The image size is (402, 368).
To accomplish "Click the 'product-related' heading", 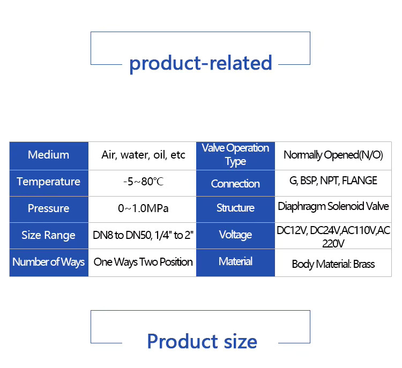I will click(200, 63).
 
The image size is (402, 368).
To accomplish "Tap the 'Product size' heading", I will click(202, 341).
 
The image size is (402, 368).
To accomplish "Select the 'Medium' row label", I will click(48, 155).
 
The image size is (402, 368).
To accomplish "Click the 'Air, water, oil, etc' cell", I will click(143, 155).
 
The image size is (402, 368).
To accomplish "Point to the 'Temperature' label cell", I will click(48, 182).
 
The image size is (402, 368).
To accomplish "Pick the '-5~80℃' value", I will click(143, 182).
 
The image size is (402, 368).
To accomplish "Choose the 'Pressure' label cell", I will click(48, 208).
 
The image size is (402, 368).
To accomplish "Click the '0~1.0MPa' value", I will click(143, 208).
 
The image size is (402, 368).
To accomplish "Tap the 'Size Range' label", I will click(48, 235).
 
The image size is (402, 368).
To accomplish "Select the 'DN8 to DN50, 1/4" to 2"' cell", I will click(143, 235).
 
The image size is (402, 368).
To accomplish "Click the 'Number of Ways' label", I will click(48, 262).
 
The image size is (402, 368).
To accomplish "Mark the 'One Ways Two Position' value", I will click(143, 262).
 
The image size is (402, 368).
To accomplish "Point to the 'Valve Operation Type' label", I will click(235, 154).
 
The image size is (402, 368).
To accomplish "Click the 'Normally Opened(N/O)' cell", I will click(333, 155).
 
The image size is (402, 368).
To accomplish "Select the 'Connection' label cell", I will click(235, 184).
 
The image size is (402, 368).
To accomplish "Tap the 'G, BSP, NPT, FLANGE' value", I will click(333, 181).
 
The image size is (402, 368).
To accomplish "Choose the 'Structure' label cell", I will click(235, 208).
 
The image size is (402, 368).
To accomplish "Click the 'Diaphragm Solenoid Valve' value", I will click(333, 206).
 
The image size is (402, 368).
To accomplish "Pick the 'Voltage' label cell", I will click(235, 235).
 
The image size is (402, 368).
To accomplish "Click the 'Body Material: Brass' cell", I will click(333, 264).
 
